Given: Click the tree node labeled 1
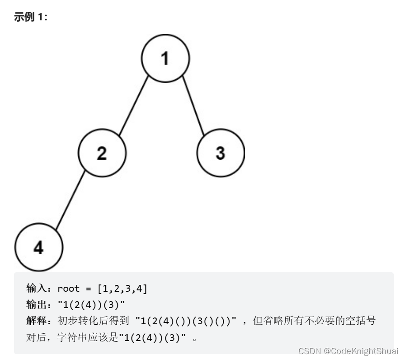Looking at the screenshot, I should (165, 58).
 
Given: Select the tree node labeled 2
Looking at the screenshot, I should (102, 153).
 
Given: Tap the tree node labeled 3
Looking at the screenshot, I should (221, 153).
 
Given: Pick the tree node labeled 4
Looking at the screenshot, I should (39, 247).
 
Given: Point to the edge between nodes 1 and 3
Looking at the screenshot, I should (193, 105).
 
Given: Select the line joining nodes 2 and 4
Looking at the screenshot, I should (70, 200).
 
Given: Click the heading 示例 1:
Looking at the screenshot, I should (31, 18).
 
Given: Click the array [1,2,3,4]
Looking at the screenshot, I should (122, 289).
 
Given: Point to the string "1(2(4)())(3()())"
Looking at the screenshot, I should (186, 321).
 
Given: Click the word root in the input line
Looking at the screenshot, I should (68, 289).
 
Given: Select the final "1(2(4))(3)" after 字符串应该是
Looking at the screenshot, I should (152, 337).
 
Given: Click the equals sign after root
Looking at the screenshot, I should (88, 289).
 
